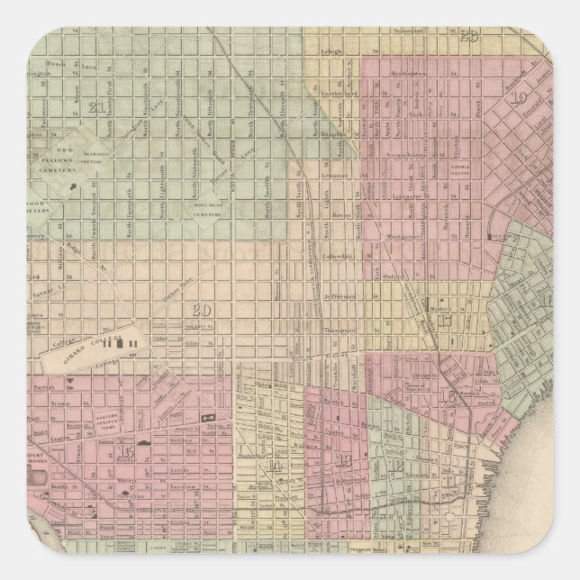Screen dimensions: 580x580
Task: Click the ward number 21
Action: pos(98,108)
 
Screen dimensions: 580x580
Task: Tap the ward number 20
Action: pos(202,312)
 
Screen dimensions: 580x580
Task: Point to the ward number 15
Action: pos(124,451)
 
